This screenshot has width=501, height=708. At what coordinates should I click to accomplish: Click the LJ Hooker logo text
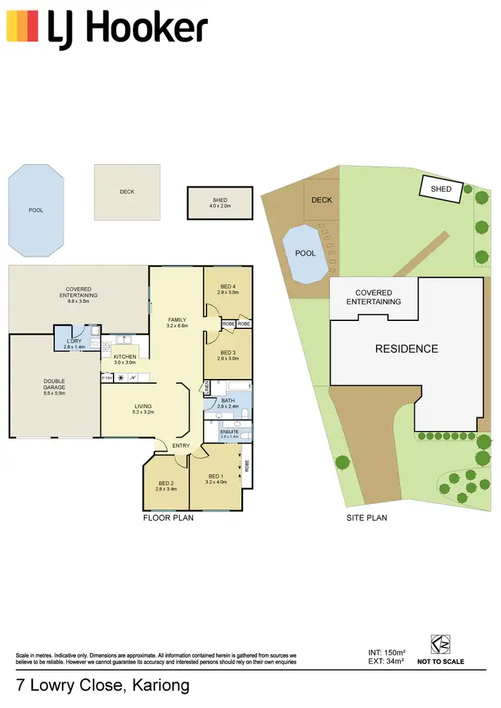click(x=127, y=28)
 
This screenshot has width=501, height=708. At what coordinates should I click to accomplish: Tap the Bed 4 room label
click(x=227, y=286)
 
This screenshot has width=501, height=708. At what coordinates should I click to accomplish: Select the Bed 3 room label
click(x=227, y=352)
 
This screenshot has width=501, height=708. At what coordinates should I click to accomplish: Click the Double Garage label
click(x=55, y=384)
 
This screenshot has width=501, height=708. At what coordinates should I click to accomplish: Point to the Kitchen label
click(x=125, y=357)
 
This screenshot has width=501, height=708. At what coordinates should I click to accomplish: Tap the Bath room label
click(x=228, y=400)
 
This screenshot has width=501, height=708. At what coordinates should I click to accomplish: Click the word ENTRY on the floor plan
click(x=180, y=446)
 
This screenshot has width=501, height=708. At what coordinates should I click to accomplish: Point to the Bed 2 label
click(x=166, y=483)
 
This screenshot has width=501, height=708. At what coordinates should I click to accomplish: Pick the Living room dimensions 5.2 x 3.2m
click(x=144, y=413)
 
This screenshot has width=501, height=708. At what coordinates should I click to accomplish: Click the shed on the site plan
click(x=441, y=189)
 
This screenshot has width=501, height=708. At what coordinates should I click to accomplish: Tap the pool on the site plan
click(x=305, y=254)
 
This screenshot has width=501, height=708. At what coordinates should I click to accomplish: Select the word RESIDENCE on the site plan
click(x=406, y=349)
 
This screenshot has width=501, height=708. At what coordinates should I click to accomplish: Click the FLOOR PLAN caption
click(x=168, y=518)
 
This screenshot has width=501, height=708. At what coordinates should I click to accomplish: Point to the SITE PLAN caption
click(x=366, y=518)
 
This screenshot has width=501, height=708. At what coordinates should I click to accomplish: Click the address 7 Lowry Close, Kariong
click(x=102, y=686)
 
